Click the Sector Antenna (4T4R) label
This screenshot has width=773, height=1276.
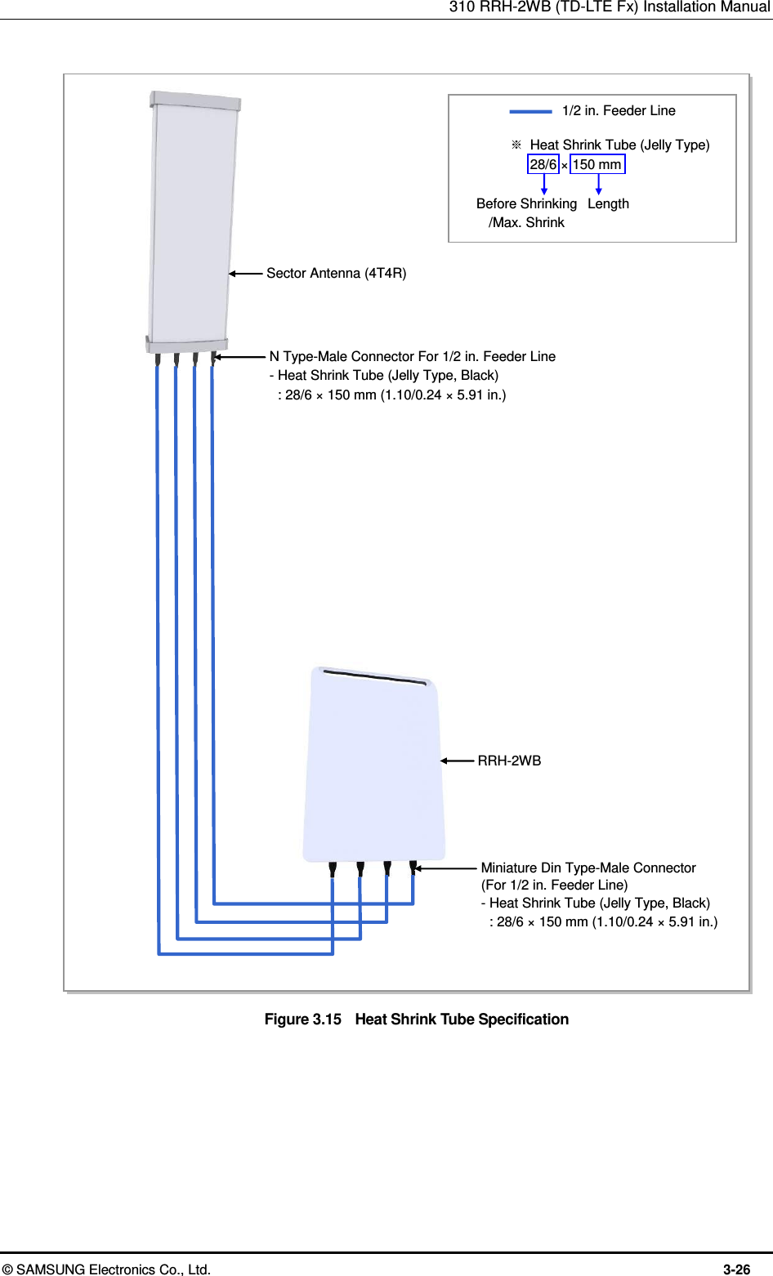point(336,274)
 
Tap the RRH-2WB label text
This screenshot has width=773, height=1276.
point(509,761)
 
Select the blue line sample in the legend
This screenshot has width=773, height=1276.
point(530,111)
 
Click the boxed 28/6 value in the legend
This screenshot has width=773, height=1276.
point(543,164)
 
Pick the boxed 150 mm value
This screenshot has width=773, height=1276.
point(597,164)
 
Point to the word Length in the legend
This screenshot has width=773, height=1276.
point(608,203)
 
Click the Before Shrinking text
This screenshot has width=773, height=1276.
point(526,203)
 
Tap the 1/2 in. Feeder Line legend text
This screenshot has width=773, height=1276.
point(619,111)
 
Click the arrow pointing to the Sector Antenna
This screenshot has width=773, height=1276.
point(245,274)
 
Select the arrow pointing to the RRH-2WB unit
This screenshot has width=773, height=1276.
point(457,761)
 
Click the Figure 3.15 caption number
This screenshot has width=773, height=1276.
point(302,1019)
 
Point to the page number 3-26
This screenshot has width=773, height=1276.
point(736,1269)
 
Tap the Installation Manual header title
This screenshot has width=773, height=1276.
point(609,7)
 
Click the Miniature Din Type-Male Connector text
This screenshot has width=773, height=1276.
point(588,868)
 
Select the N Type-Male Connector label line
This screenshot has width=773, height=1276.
point(413,356)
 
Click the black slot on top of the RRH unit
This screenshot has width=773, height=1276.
point(374,677)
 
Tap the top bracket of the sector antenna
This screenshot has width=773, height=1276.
point(195,100)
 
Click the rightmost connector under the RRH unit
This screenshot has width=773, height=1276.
point(413,867)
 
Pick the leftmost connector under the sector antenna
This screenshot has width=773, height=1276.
point(157,358)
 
